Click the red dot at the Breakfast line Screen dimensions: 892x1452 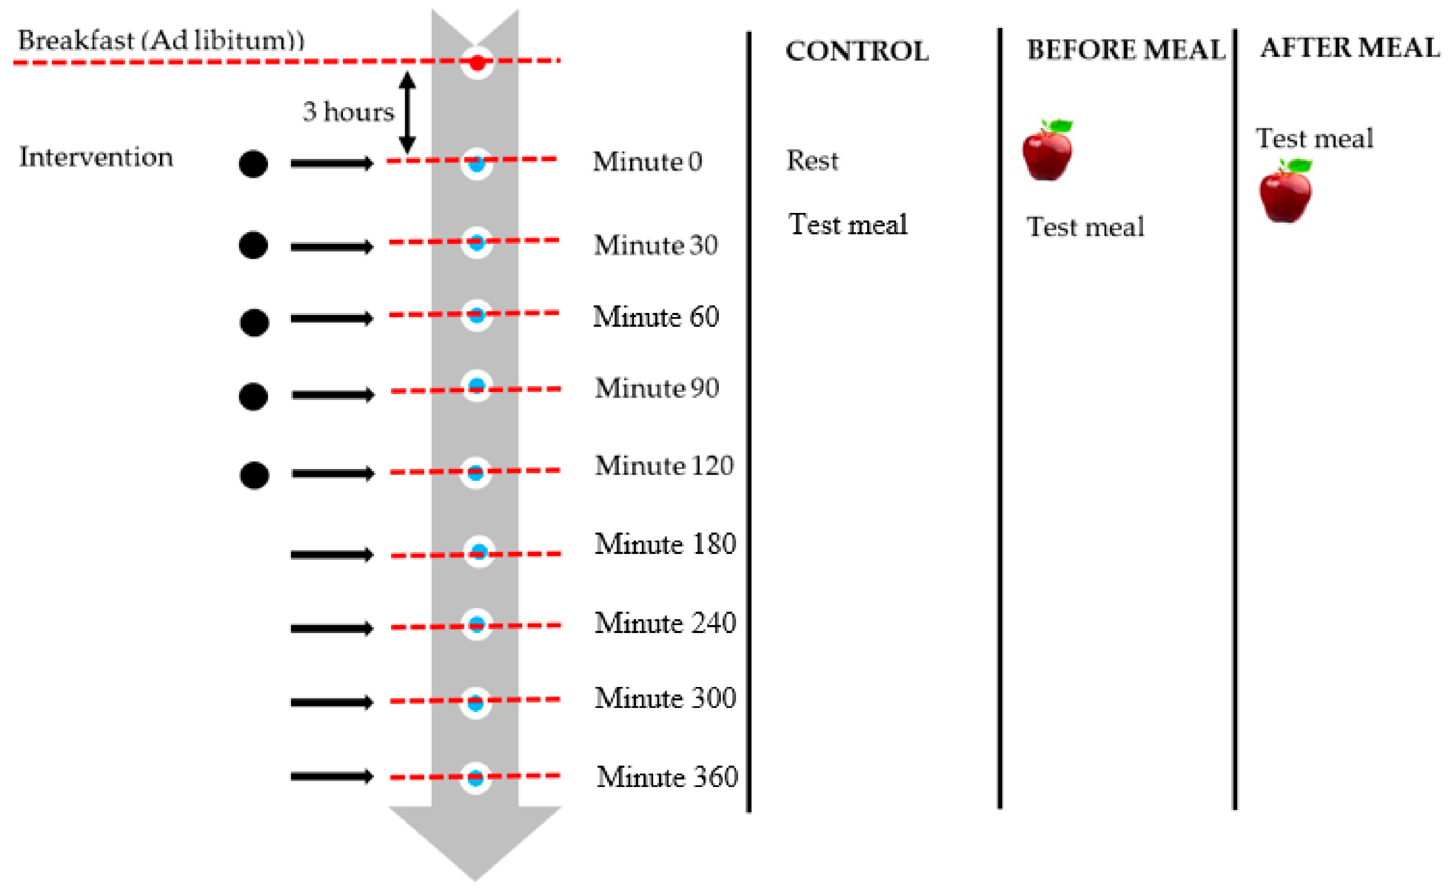coord(477,62)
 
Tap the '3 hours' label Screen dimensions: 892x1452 coord(348,111)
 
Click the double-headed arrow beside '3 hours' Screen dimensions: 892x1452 coord(407,112)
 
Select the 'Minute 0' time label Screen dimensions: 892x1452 coord(648,161)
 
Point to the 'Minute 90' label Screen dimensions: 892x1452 coord(657,387)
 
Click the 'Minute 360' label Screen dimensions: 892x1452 coord(667,777)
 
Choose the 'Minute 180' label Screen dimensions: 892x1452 coord(665,543)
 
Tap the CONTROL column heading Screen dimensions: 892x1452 coord(857,51)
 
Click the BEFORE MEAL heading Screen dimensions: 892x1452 coord(1125,49)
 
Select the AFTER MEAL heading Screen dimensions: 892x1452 coord(1350,48)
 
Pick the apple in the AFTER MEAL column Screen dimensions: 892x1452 coord(1285,190)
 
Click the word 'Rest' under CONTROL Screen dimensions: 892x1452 coord(812,161)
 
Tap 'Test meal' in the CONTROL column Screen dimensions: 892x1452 coord(847,225)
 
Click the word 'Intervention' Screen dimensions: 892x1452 coord(96,157)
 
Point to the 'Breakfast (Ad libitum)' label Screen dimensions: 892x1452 coord(160,41)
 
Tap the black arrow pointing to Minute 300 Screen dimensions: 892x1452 coord(332,702)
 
